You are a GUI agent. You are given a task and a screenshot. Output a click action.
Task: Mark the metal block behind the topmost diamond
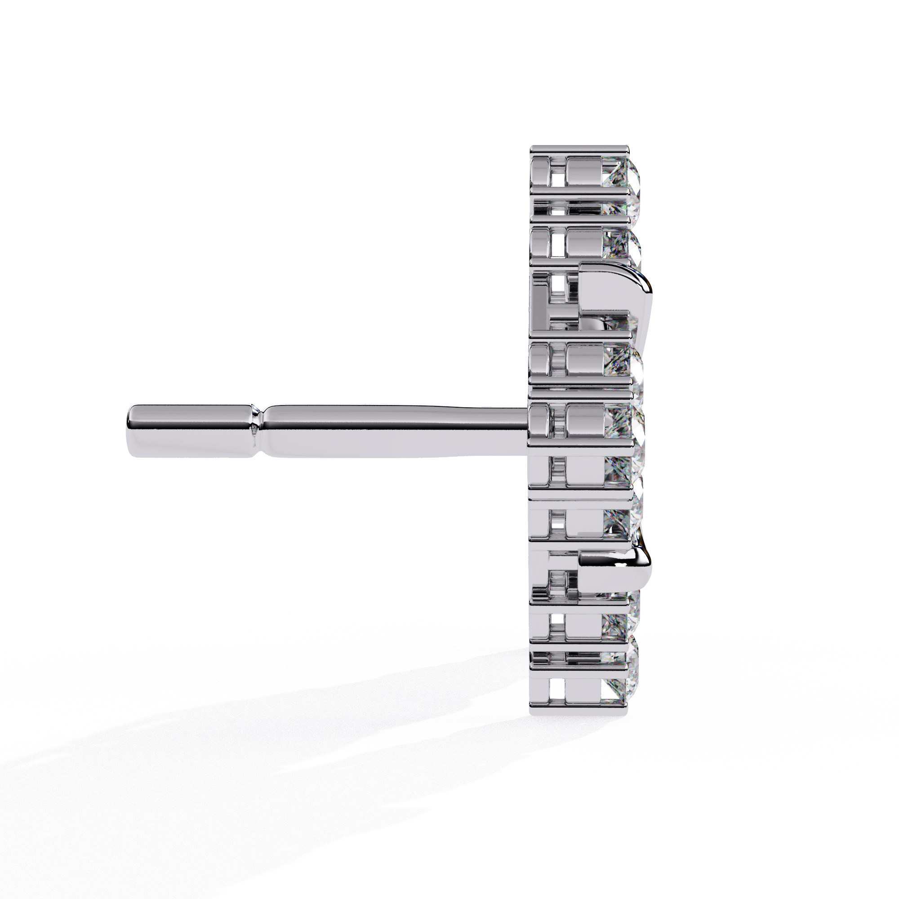click(584, 179)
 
